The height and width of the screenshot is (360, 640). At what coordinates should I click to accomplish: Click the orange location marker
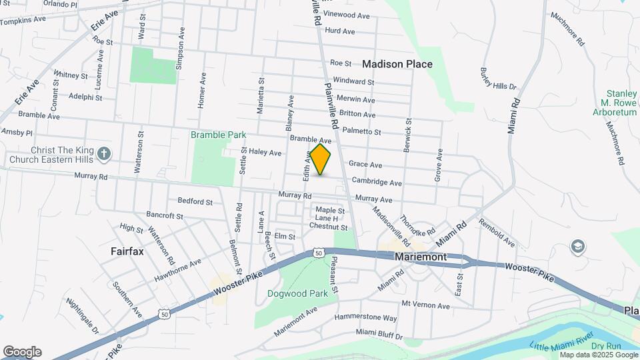coord(321,159)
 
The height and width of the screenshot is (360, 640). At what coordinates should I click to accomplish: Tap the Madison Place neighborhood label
coord(397,65)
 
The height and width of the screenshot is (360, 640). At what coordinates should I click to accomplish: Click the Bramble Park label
coord(218,135)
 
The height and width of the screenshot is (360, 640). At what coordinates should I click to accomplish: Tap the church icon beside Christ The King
coord(103,154)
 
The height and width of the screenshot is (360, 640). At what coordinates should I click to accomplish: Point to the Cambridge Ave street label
coord(377,182)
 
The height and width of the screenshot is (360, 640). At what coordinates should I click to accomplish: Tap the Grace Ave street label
coord(365,165)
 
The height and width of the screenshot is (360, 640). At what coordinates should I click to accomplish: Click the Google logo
coord(22,352)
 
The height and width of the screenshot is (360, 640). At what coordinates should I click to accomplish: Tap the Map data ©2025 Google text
coord(599,355)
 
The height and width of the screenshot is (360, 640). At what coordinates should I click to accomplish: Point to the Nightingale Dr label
coord(82,315)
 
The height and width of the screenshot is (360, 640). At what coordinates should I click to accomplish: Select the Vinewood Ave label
coord(346,15)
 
